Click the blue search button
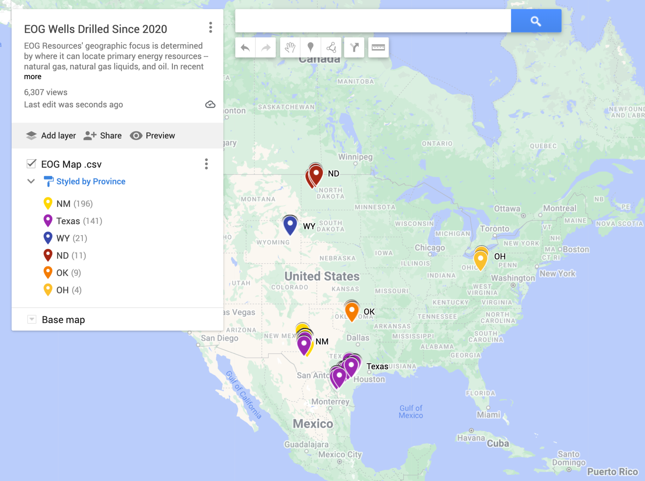[536, 21]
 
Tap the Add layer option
[51, 136]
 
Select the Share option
[103, 136]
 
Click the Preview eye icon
[136, 136]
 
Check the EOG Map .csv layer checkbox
[31, 164]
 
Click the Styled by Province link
[91, 181]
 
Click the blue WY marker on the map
[290, 224]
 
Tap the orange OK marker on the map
[352, 310]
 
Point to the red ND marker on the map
[316, 174]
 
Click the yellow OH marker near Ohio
[481, 259]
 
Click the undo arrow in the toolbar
[245, 48]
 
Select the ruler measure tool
[378, 48]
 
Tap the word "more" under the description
[32, 77]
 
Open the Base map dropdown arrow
[31, 319]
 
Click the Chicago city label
[430, 248]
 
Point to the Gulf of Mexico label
[411, 412]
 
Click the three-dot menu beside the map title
[211, 28]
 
